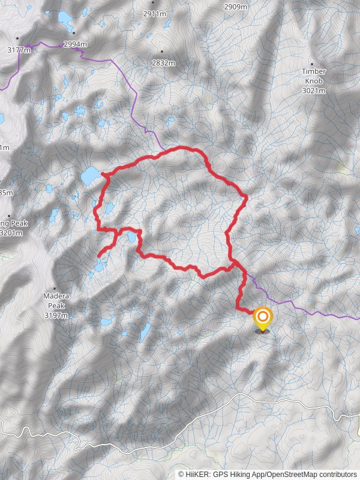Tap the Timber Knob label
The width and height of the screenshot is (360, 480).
point(314,76)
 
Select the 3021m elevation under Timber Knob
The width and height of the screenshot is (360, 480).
point(314,91)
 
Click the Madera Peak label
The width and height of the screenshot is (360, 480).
point(56,296)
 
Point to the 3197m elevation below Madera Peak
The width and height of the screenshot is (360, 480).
point(56,314)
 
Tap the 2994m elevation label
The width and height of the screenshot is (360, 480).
point(76,44)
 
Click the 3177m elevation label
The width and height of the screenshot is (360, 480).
point(19,50)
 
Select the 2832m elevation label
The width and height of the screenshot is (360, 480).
point(163,62)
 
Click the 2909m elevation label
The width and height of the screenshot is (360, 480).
point(235,7)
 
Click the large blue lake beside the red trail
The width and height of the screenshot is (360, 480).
point(91,176)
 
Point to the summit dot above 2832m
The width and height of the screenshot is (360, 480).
point(162,52)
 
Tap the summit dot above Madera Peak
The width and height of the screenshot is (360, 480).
point(56,287)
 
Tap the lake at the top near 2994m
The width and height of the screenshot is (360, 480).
point(64,19)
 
